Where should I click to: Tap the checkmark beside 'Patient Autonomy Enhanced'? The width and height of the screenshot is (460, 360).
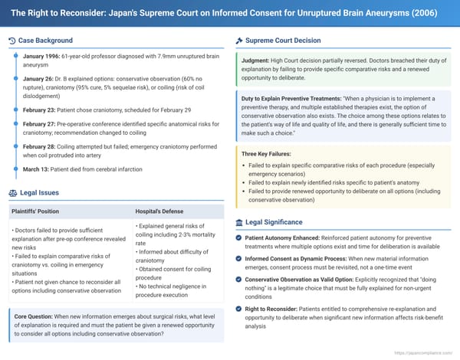pos(240,237)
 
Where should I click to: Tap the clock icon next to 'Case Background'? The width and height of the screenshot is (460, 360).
pos(12,41)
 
